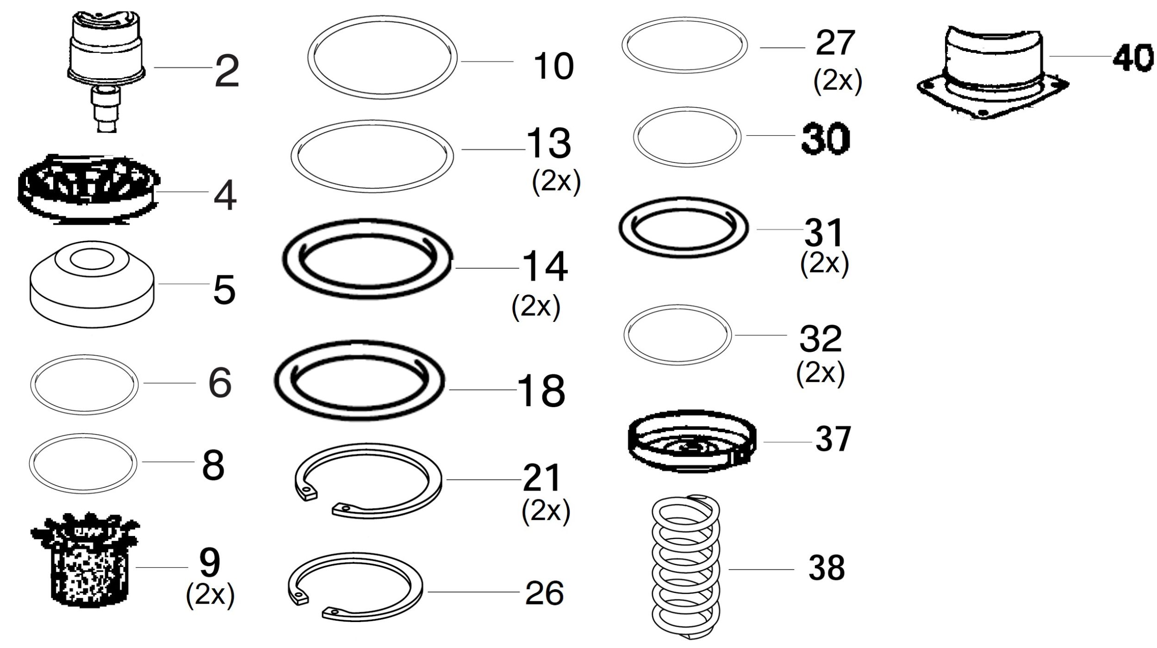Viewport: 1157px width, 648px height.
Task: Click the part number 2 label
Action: point(227,71)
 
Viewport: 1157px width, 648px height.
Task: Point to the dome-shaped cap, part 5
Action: point(92,283)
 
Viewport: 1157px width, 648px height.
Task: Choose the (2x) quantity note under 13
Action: point(556,182)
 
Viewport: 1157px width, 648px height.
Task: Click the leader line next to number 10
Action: point(487,61)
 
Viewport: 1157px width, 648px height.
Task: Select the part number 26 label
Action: point(544,593)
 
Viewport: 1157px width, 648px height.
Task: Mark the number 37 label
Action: point(833,439)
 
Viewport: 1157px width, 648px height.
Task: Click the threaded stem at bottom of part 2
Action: point(106,109)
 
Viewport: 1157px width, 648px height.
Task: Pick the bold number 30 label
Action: point(826,138)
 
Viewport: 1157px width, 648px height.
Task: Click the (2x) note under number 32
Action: point(820,373)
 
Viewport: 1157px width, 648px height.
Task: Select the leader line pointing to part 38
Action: point(761,569)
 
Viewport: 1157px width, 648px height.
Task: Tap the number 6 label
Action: point(220,383)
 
